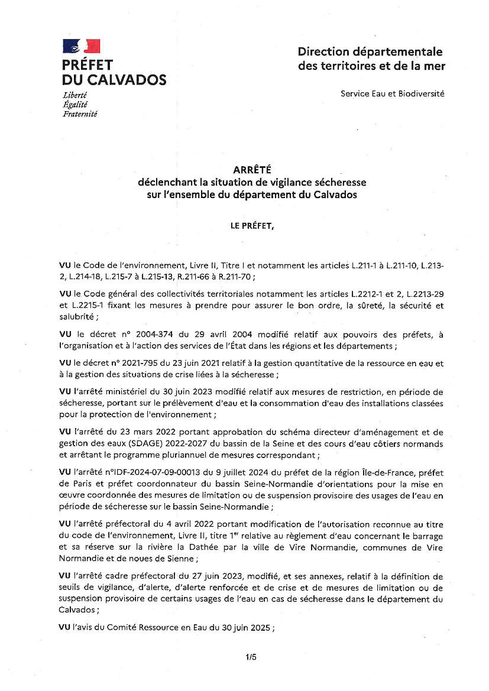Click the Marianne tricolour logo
82,46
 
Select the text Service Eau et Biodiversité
392,93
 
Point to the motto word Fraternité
80,114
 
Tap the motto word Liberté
75,95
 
